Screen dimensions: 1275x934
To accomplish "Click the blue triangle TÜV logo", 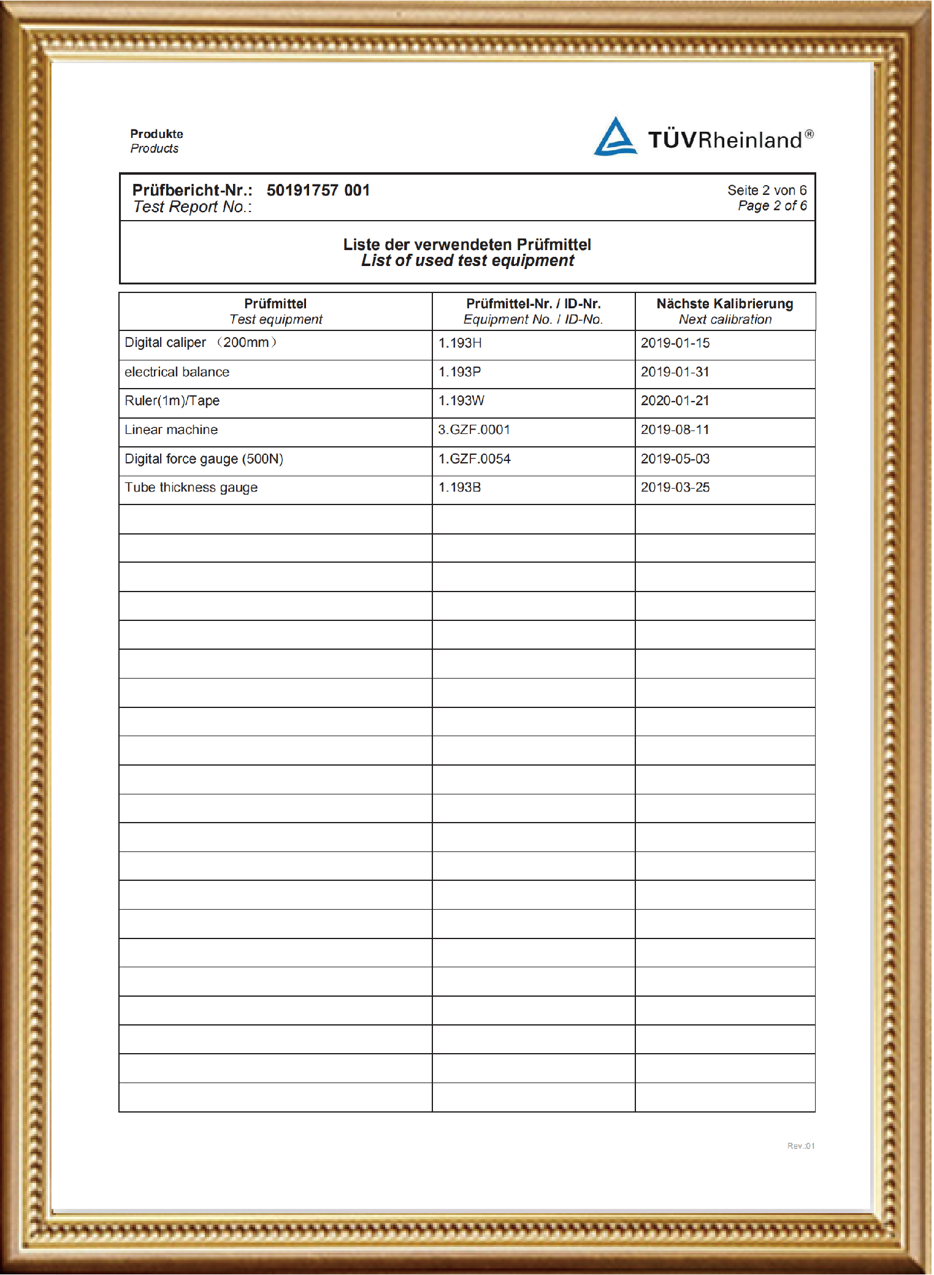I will point(615,137).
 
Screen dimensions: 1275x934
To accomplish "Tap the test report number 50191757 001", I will point(318,191).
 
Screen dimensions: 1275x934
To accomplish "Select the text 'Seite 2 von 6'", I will point(767,191).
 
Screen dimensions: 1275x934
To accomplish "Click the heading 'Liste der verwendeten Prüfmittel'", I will point(467,245).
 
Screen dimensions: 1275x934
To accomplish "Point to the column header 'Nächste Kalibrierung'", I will point(724,304).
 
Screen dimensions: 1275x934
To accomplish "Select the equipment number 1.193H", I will point(460,343).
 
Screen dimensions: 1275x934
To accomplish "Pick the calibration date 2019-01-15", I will point(675,343).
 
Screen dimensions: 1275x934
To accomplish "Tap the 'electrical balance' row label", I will point(177,372).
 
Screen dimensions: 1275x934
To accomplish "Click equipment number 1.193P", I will point(459,372).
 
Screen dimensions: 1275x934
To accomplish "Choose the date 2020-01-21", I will point(675,401).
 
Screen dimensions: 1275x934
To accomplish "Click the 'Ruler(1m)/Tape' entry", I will point(172,401).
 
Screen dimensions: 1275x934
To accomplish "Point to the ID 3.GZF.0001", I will point(473,430).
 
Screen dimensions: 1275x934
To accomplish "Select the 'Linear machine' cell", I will point(171,430).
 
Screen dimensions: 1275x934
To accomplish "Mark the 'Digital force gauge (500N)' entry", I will point(204,459).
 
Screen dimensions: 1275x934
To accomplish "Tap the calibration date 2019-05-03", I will point(675,459).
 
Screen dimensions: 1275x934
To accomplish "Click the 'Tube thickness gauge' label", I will point(191,488).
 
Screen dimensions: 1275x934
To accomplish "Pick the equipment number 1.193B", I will point(459,488).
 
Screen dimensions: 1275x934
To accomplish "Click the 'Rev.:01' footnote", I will point(800,1146).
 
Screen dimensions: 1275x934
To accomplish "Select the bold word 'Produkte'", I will point(156,134).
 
